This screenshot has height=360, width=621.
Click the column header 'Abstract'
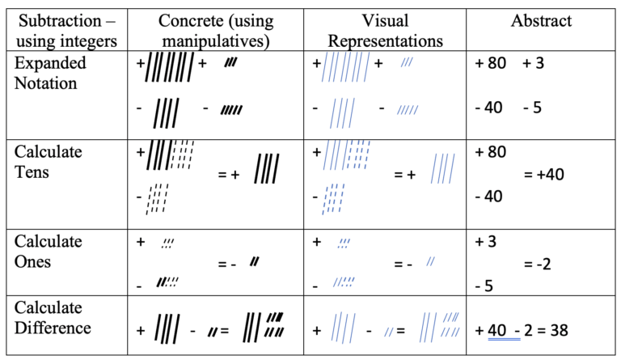(x=541, y=21)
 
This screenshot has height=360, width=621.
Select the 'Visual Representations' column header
(x=387, y=30)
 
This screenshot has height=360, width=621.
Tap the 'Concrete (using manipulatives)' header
(x=215, y=30)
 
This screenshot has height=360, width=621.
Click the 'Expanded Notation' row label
(x=49, y=72)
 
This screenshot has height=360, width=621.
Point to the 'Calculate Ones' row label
(x=49, y=251)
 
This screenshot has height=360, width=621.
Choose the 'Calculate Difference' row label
(x=53, y=317)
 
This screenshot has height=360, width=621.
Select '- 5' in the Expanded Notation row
(x=532, y=107)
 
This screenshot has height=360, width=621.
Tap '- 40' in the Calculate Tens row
(x=490, y=195)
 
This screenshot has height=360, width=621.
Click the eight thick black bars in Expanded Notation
(x=171, y=67)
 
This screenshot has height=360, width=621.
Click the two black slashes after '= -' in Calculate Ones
(x=254, y=260)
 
